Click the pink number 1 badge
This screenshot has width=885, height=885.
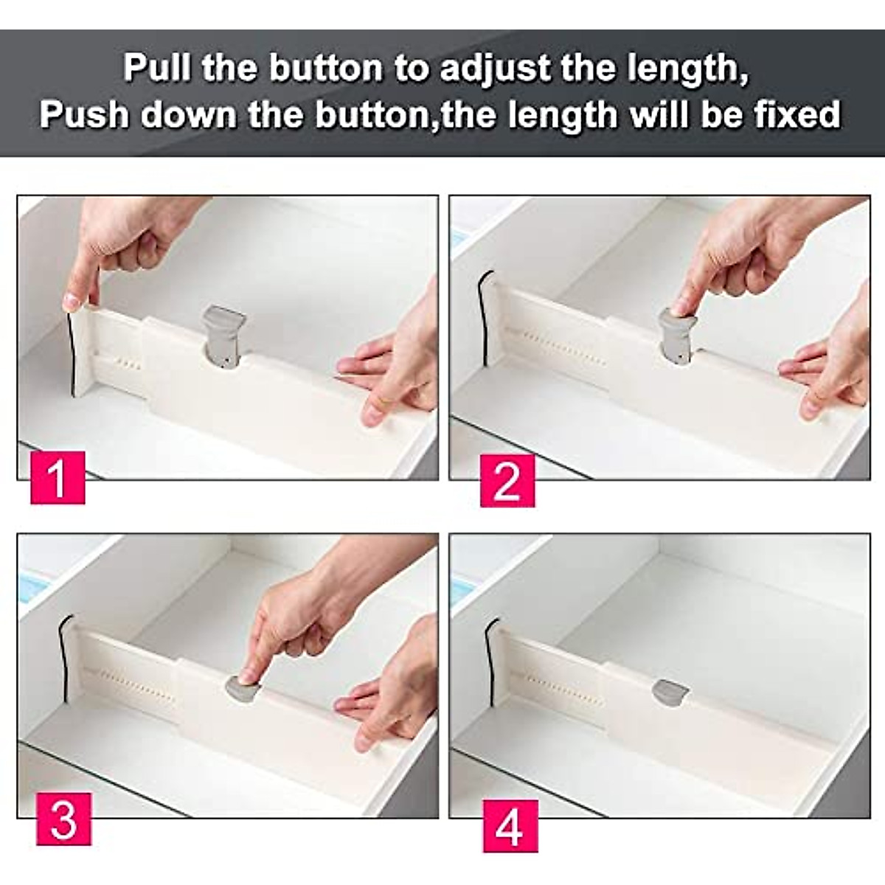pos(58,479)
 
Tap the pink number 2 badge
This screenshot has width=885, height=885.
pos(507,482)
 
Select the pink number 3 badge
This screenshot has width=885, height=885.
pos(64,819)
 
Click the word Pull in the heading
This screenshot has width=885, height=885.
pos(157,68)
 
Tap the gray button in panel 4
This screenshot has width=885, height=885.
pos(670,691)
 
